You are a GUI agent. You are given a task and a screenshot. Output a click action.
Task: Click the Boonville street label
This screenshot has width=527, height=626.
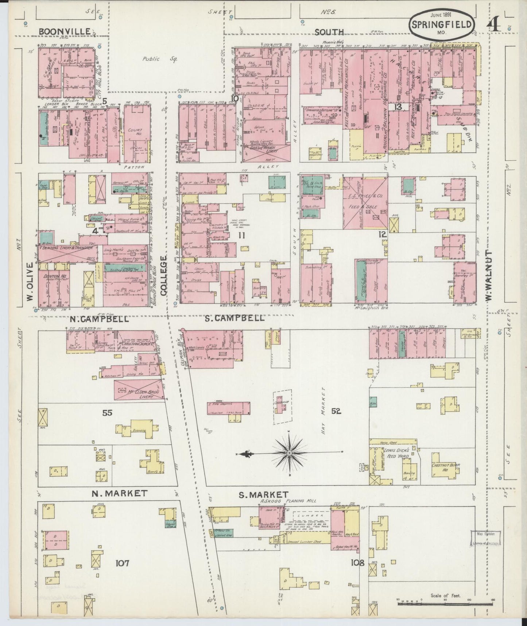coord(65,32)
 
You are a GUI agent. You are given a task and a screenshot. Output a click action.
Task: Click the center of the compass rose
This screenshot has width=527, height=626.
coord(289,453)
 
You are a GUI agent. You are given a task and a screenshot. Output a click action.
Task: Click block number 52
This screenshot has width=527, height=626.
coord(336,411)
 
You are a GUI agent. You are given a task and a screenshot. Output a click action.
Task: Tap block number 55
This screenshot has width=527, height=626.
coord(107,413)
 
